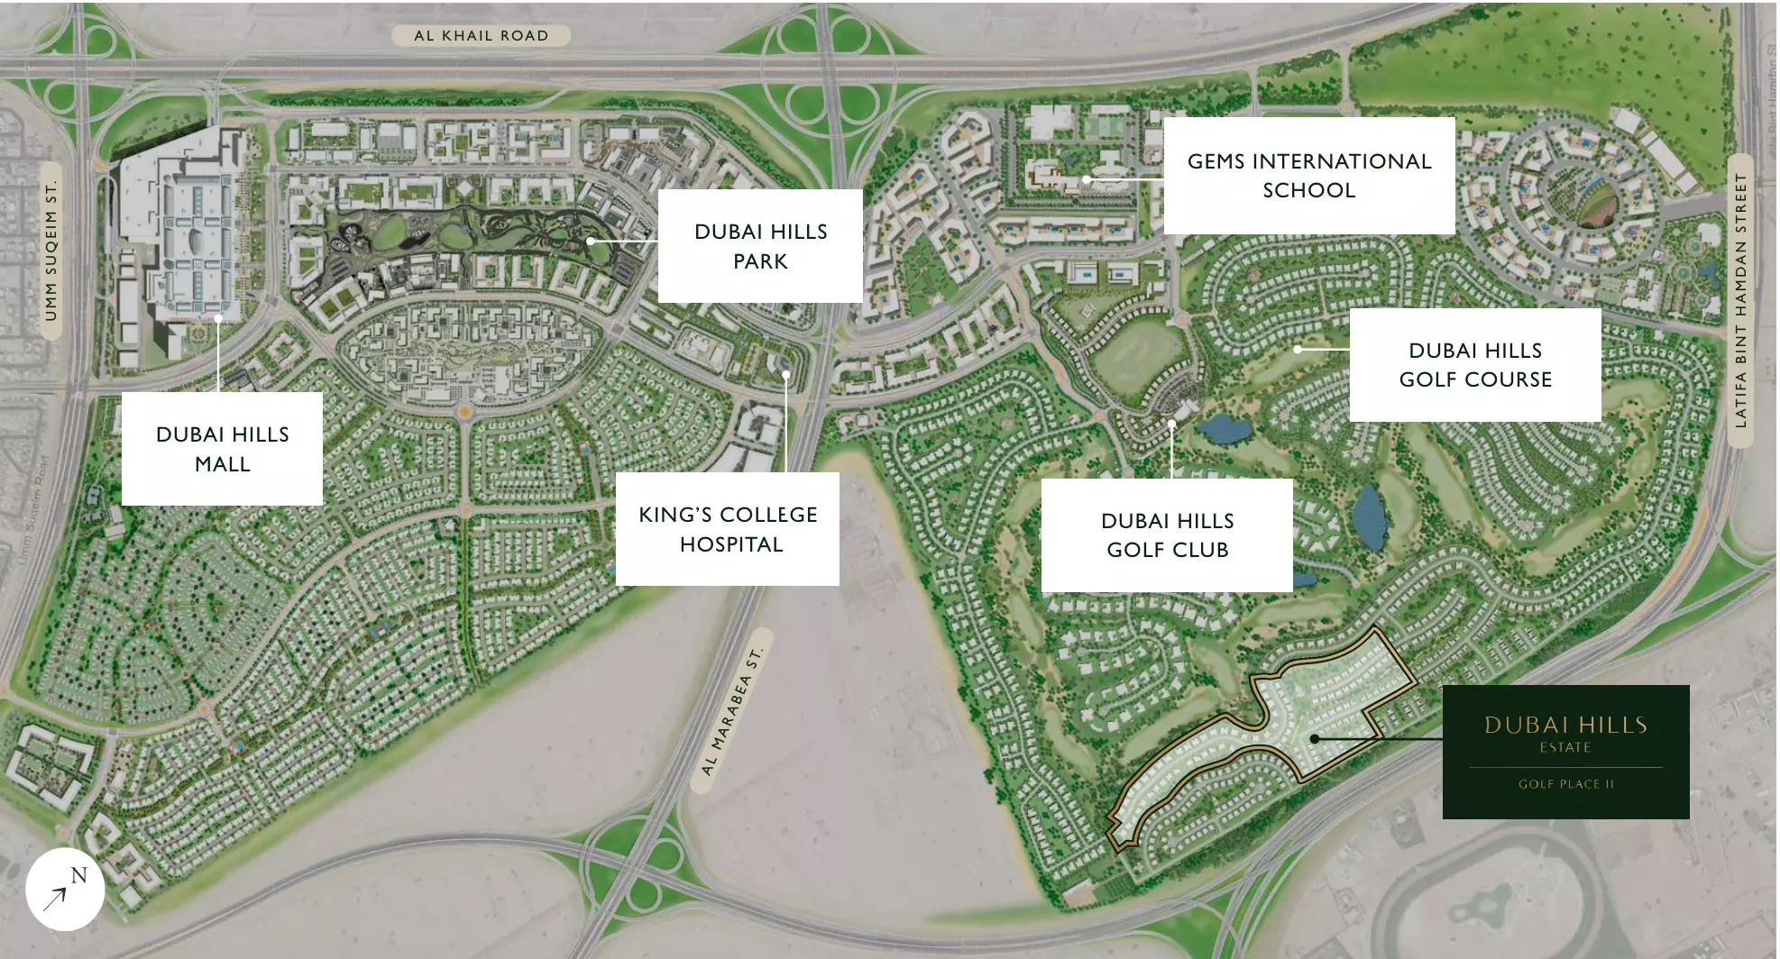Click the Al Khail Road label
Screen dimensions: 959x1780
coord(481,36)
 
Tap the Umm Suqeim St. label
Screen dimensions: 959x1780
coord(50,251)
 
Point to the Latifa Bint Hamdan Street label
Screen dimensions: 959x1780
coord(1740,301)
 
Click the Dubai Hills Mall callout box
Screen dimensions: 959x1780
coord(222,449)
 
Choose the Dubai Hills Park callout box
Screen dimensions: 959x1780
coord(760,246)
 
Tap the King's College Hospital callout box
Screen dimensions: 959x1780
coord(728,529)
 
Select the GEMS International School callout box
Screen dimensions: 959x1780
coord(1308,176)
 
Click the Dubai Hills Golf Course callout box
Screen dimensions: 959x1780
coord(1475,365)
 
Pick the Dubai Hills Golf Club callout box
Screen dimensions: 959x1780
coord(1167,535)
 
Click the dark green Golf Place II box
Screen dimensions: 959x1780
coord(1565,752)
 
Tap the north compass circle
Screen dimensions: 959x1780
coord(65,889)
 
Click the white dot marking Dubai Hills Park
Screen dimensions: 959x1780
coord(591,242)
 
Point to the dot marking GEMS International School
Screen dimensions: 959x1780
coord(1087,180)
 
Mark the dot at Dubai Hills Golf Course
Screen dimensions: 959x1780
coord(1298,349)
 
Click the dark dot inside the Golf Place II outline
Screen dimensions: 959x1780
coord(1315,739)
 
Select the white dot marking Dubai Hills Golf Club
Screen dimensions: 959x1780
coord(1172,423)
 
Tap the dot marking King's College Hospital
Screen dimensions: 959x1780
coord(786,374)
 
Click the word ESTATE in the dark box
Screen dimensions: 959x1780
coord(1565,748)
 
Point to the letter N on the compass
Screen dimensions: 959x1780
coord(78,875)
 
